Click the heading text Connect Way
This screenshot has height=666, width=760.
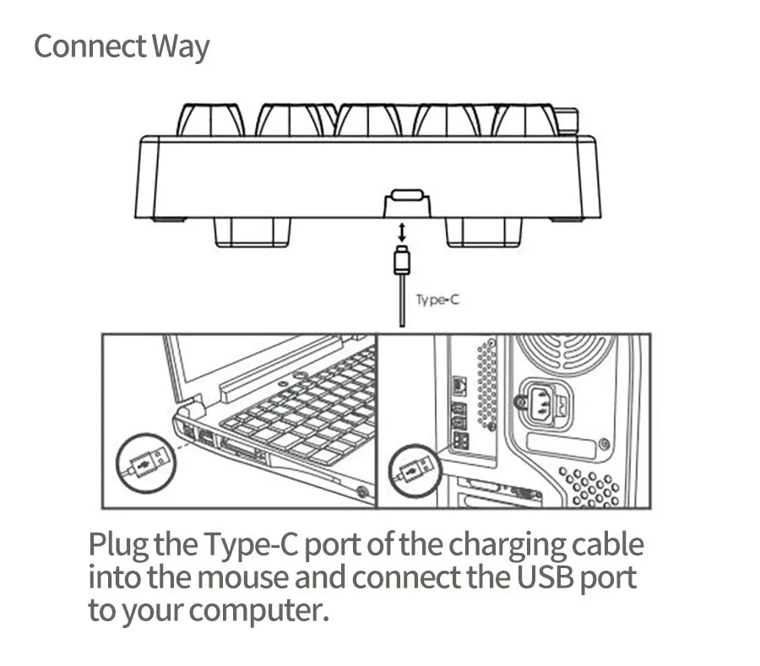[x=121, y=46]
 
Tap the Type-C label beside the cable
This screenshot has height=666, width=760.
[x=437, y=300]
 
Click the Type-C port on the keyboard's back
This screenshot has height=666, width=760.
[x=407, y=197]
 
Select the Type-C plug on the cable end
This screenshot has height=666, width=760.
[x=402, y=259]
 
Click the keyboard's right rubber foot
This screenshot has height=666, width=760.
[x=484, y=231]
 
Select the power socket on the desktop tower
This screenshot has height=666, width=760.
[x=544, y=403]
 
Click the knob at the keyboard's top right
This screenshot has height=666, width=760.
[x=567, y=121]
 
